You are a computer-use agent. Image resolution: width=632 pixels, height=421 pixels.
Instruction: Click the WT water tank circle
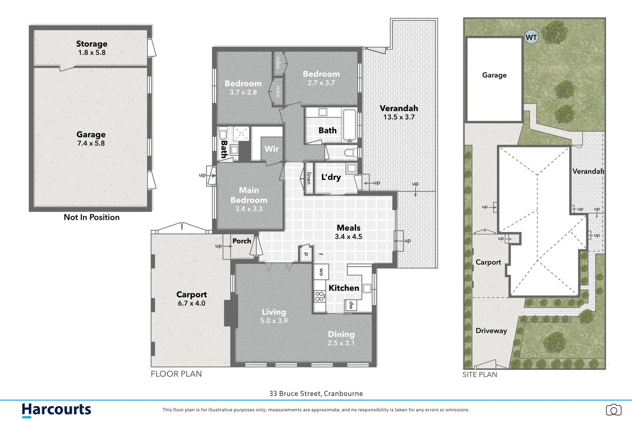click(531, 37)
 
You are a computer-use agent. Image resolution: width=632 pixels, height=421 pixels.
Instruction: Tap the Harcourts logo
click(56, 410)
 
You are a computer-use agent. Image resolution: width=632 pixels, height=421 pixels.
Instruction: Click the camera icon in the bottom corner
click(613, 410)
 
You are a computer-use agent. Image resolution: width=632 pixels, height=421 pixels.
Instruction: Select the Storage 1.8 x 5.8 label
click(92, 48)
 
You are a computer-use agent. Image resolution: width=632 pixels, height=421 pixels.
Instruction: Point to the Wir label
click(272, 149)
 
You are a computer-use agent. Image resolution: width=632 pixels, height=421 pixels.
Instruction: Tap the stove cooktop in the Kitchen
click(320, 296)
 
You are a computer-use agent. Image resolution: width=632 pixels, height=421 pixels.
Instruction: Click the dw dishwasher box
click(351, 305)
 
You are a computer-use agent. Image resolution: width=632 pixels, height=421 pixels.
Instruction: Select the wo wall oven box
click(321, 272)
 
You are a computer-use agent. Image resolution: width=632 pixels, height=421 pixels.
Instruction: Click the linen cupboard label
click(309, 178)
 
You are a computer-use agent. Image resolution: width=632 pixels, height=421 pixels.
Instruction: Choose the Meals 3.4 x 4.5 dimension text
click(348, 237)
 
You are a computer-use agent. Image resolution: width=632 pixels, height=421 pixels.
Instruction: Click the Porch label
click(241, 241)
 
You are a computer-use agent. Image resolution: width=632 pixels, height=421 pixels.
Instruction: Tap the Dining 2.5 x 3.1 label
click(341, 338)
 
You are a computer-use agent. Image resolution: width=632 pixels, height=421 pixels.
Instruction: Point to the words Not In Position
click(92, 217)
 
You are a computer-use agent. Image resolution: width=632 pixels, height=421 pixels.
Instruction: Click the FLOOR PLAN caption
click(176, 374)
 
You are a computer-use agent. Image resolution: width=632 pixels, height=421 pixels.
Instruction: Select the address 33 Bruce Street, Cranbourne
click(316, 394)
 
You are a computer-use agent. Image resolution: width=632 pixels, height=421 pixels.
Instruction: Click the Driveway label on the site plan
click(491, 331)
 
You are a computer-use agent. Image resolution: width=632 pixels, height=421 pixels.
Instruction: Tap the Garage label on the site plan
click(494, 75)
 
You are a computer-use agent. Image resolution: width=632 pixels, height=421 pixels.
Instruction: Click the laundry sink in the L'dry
click(352, 168)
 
